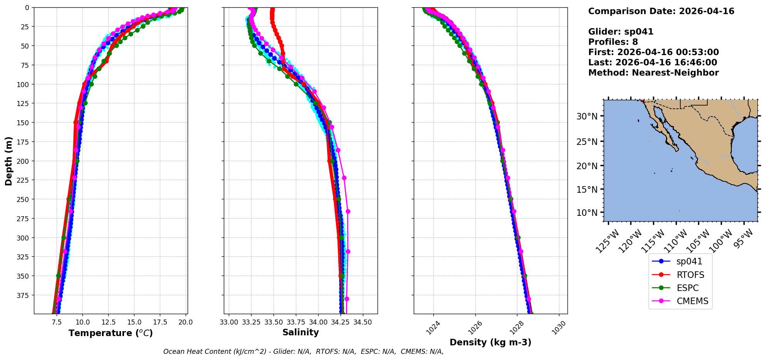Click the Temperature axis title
coord(111,333)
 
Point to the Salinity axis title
coord(300,332)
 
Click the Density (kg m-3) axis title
coord(490,342)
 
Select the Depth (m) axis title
coord(8,161)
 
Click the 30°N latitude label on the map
coord(587,116)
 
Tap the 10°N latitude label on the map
coord(587,213)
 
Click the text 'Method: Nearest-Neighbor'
coord(653,73)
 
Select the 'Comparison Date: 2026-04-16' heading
coord(661,11)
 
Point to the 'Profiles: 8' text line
coord(613,42)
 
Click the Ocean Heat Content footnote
coord(303,352)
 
